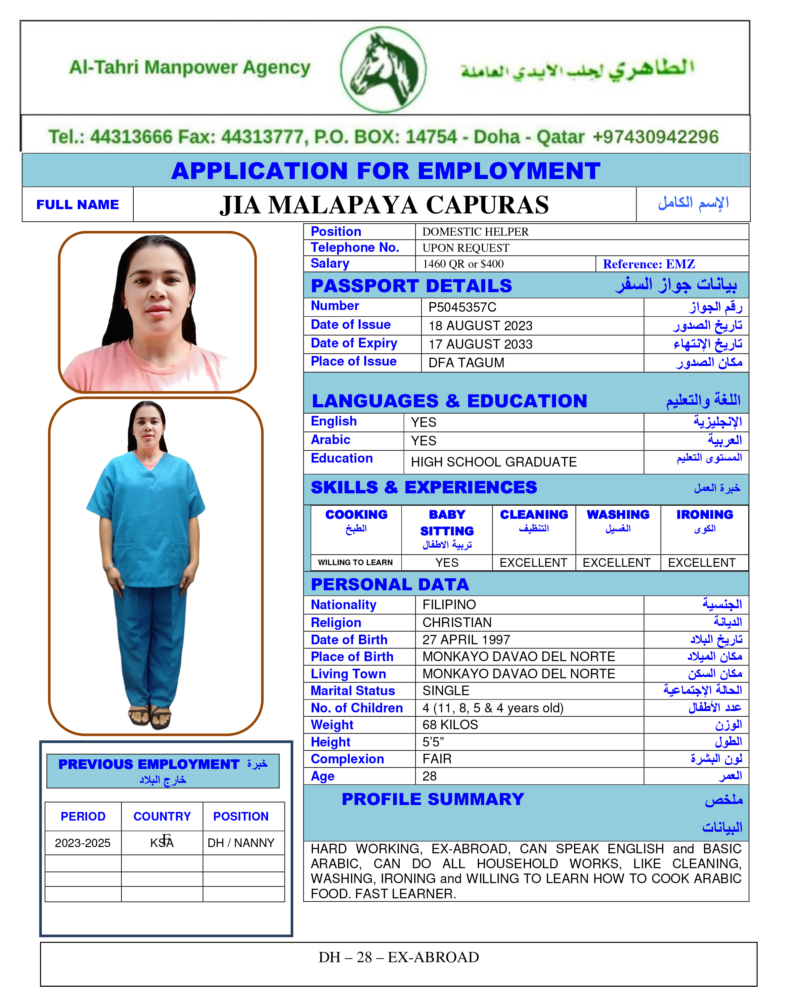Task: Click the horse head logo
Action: pos(384,69)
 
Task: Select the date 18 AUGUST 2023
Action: pos(480,326)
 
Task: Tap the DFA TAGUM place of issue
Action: pos(466,363)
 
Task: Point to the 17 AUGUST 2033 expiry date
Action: pos(480,344)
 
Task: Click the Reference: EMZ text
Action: pos(648,264)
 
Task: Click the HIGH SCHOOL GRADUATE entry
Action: pos(494,462)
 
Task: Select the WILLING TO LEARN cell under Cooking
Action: pos(355,562)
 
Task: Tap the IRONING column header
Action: pos(705,515)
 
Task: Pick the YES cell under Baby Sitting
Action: pos(447,562)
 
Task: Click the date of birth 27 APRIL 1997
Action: pos(466,640)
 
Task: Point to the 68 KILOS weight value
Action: pos(450,725)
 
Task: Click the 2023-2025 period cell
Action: pos(83,843)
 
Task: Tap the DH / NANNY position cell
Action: pos(241,843)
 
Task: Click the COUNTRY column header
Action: pos(162,816)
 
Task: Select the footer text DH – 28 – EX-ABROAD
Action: pos(399,957)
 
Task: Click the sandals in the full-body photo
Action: pos(150,716)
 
